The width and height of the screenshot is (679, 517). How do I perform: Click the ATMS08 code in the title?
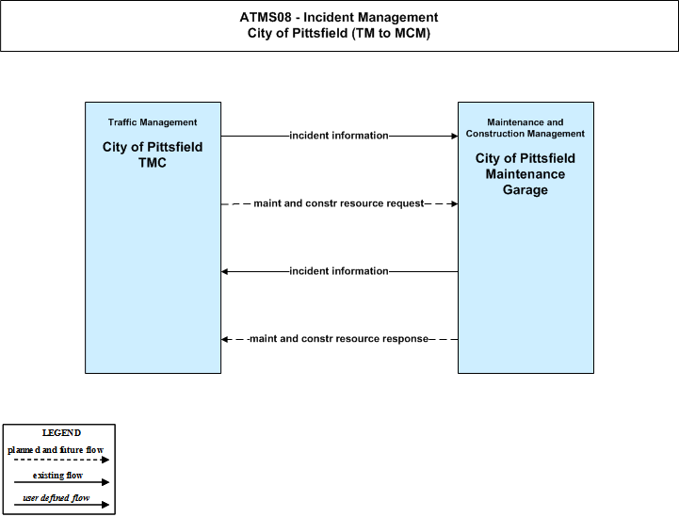point(265,17)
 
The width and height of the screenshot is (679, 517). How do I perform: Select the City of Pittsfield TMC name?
point(153,154)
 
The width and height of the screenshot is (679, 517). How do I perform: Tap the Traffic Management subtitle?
point(153,122)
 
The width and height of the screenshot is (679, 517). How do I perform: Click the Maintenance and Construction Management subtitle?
point(525,128)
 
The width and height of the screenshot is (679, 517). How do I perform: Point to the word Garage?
point(525,189)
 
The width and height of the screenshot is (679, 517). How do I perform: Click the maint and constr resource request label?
point(339,203)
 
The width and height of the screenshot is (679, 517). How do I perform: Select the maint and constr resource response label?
point(339,339)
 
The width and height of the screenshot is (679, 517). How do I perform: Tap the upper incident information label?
point(339,136)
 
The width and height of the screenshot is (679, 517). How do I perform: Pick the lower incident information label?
point(339,271)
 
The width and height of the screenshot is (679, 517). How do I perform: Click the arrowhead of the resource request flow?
point(455,203)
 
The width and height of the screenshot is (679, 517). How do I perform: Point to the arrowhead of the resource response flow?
point(224,339)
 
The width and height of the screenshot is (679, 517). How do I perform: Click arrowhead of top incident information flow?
point(455,136)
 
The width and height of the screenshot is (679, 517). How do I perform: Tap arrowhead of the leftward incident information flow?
point(224,271)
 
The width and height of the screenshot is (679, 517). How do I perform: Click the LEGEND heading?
point(61,433)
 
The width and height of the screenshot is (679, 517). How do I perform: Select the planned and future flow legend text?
point(56,450)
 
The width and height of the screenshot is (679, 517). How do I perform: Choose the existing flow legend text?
point(57,476)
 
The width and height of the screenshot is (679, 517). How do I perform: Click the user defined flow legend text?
point(57,498)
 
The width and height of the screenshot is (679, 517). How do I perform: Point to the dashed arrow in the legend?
point(61,460)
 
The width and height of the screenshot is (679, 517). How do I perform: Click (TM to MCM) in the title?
point(391,33)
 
